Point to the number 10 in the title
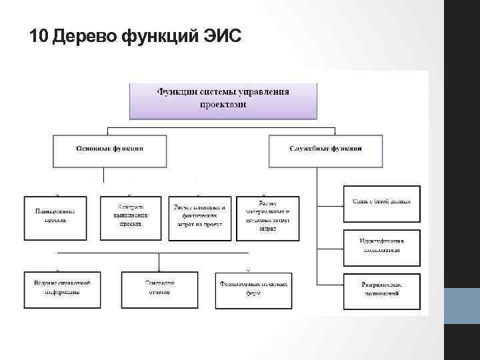point(39,36)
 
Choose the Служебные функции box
point(326,151)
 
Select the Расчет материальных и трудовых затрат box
point(268,217)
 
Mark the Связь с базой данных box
point(382,203)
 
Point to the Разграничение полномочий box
point(382,291)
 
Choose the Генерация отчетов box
point(158,290)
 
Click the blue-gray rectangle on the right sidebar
point(461,306)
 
